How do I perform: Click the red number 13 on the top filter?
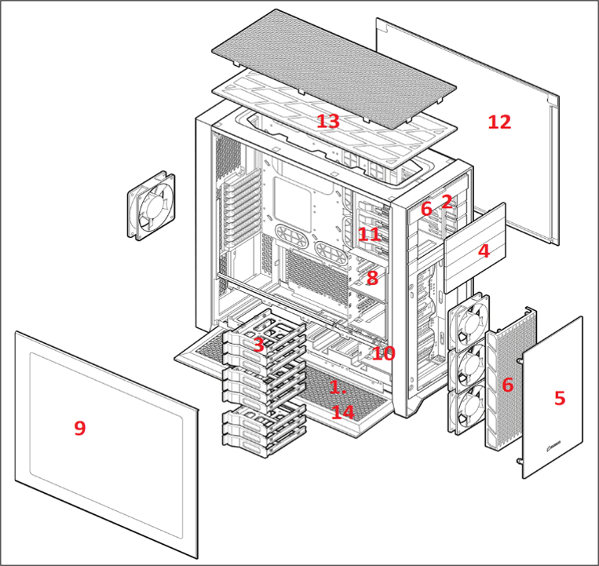328,122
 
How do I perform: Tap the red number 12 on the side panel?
499,122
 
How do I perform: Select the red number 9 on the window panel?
80,428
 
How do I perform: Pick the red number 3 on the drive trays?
258,345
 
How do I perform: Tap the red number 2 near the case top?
447,201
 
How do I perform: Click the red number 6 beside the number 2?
426,209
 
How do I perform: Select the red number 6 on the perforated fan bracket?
507,385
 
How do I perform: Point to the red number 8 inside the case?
372,278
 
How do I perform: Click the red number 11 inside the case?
369,234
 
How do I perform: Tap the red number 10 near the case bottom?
384,353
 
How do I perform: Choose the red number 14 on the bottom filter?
342,412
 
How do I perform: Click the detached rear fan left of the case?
152,206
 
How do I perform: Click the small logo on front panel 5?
554,444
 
